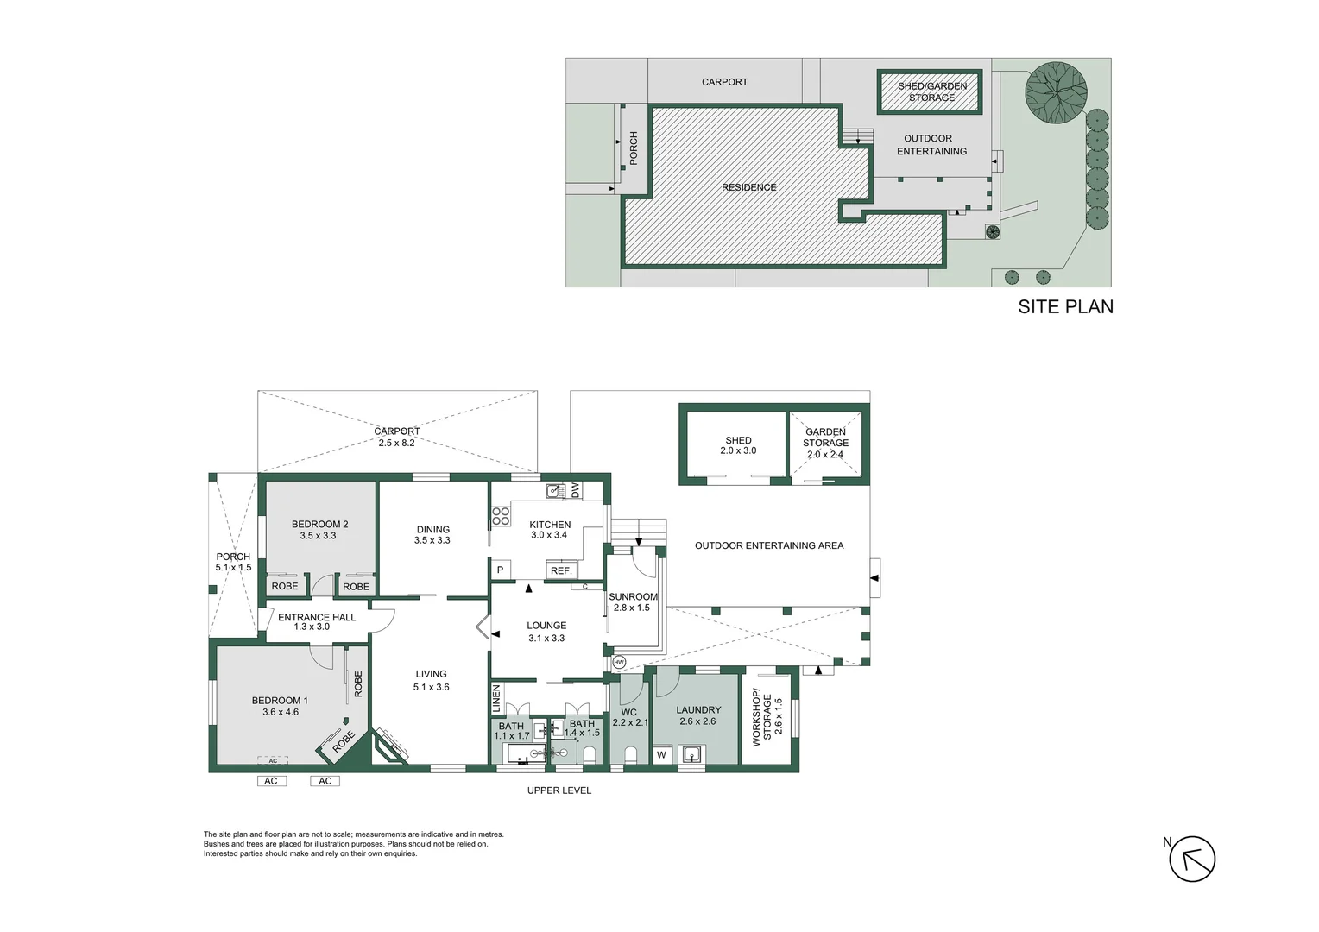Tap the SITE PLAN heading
(x=1065, y=307)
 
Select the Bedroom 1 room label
(x=280, y=701)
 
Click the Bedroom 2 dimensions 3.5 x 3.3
(x=318, y=536)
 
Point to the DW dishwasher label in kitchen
(x=576, y=490)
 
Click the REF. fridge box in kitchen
(x=561, y=571)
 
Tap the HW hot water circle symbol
(x=619, y=663)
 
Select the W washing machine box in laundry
(x=662, y=755)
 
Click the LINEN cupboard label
(x=496, y=698)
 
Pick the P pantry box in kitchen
(x=500, y=570)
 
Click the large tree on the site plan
(x=1056, y=92)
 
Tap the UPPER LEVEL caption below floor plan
(x=559, y=790)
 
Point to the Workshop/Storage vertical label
(x=761, y=718)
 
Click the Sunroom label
(x=633, y=596)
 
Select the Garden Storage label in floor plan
(x=825, y=438)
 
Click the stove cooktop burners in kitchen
(x=501, y=517)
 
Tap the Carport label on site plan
(x=724, y=82)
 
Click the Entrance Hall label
(x=316, y=617)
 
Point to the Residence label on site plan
(x=748, y=187)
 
